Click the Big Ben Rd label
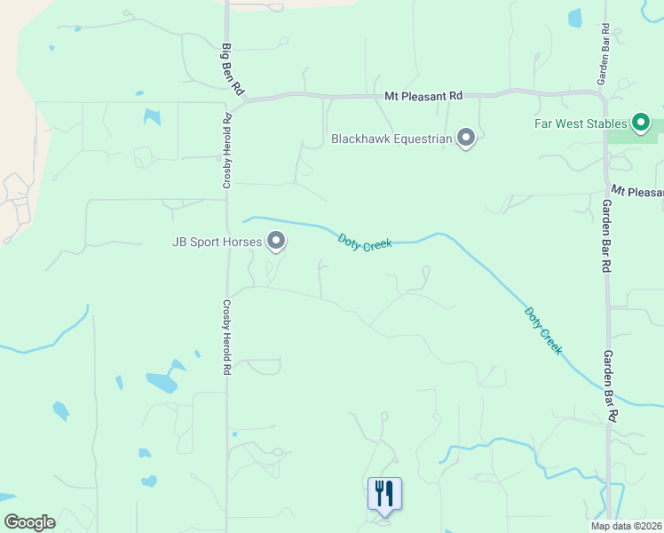point(233,69)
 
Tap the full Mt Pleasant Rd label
point(423,95)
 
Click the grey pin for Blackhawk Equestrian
point(466,138)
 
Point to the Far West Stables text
point(581,123)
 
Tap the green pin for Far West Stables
point(641,123)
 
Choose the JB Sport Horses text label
point(218,241)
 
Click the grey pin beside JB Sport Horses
point(277,241)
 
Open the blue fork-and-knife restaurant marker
point(384,493)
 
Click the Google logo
point(29,522)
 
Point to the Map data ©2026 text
point(626,526)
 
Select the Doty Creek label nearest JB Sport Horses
point(365,241)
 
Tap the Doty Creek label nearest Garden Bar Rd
point(542,330)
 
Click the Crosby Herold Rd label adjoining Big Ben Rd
point(227,151)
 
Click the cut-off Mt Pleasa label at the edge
point(637,192)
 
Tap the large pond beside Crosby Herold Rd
point(162,382)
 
